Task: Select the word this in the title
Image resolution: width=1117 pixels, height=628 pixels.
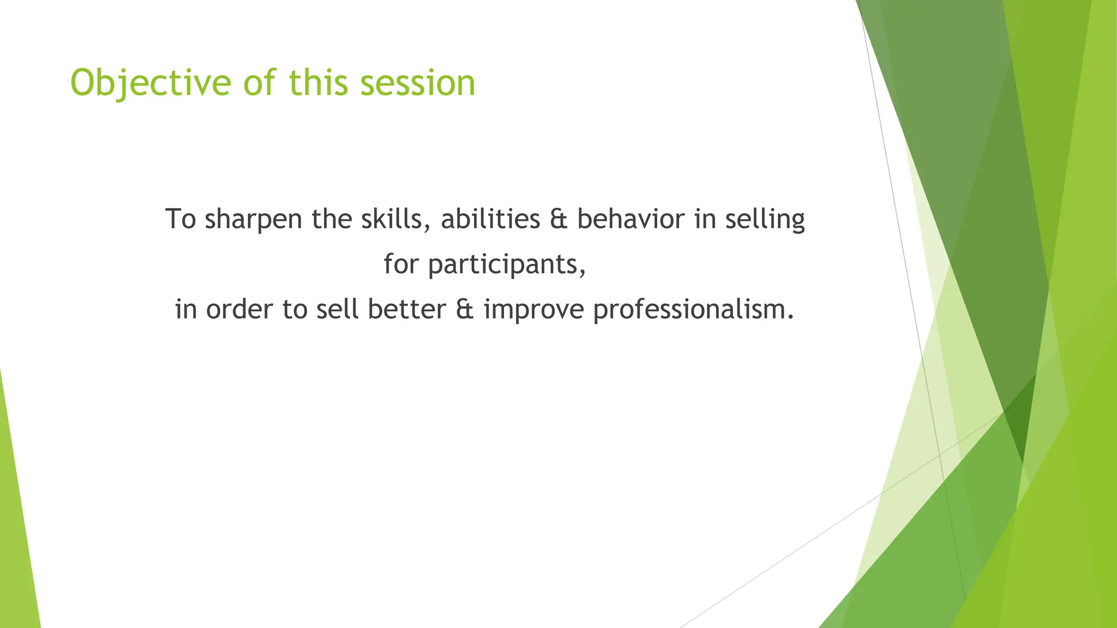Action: tap(319, 83)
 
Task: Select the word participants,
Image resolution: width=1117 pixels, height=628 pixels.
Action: tap(507, 265)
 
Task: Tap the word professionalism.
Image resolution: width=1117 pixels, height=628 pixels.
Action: tap(693, 310)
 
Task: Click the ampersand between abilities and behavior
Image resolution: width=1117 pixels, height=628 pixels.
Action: tap(559, 219)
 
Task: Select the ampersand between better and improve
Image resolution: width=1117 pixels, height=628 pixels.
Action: tap(465, 310)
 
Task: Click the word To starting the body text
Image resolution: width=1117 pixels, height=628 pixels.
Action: tap(181, 219)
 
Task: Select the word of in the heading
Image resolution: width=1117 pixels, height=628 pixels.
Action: tap(260, 83)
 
